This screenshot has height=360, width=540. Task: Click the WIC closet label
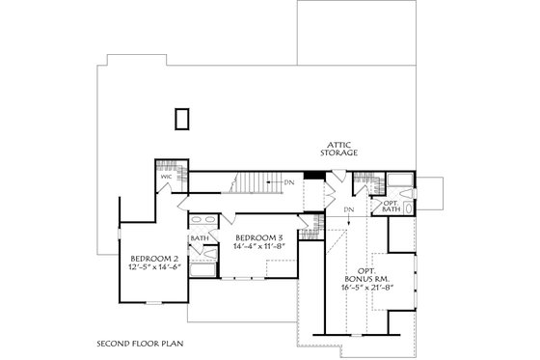[x=166, y=177]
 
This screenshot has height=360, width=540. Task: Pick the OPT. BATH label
[x=391, y=208]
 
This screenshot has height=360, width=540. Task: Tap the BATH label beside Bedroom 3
[x=200, y=237]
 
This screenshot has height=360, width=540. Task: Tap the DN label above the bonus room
[x=349, y=208]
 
